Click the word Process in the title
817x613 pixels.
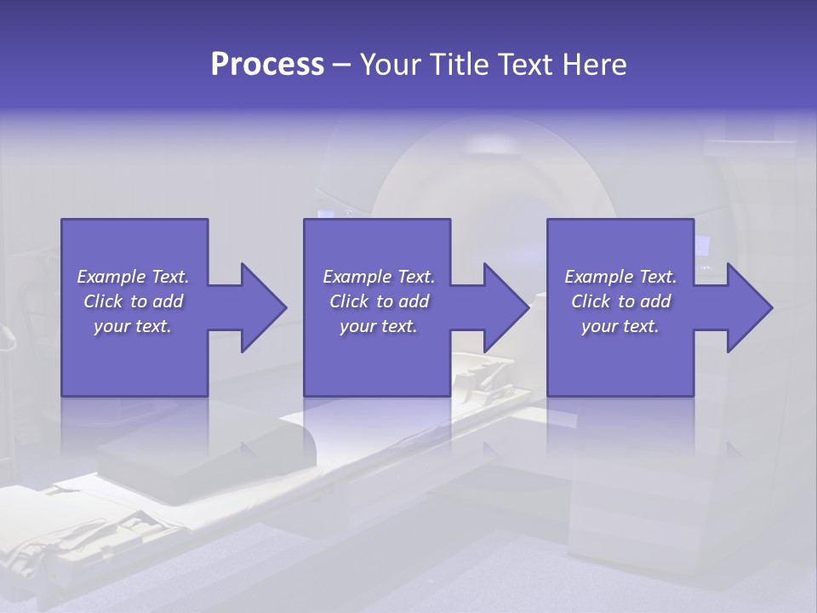(x=267, y=65)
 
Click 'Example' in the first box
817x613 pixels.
(x=111, y=277)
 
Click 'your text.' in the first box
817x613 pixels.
(x=133, y=326)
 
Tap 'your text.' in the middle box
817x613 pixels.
(x=378, y=326)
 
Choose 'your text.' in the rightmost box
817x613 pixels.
(x=620, y=326)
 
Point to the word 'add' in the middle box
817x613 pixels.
(x=413, y=301)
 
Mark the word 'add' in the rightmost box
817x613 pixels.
(x=654, y=301)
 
